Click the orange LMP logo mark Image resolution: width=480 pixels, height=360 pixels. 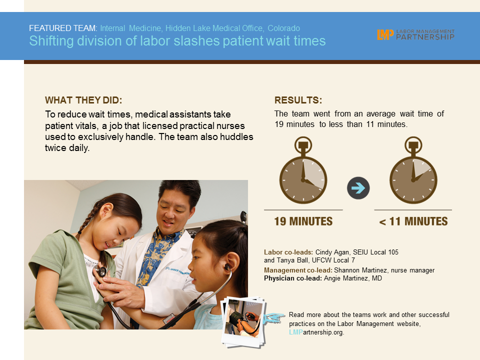pos(385,34)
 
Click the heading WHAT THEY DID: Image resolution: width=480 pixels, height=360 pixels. pos(83,100)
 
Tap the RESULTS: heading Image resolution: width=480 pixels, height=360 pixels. pos(298,100)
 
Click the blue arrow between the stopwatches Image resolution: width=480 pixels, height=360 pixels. pos(358,188)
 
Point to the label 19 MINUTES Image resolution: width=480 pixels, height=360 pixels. pos(303,221)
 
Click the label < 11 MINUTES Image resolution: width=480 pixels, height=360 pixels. pos(413,221)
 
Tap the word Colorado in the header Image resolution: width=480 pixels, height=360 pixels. pos(284,28)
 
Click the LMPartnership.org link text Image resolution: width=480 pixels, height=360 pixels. pos(316,332)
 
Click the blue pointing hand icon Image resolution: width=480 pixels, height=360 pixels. pos(274,318)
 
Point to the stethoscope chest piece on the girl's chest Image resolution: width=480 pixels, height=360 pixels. pos(101,271)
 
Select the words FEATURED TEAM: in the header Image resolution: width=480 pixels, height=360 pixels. pos(63,28)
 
